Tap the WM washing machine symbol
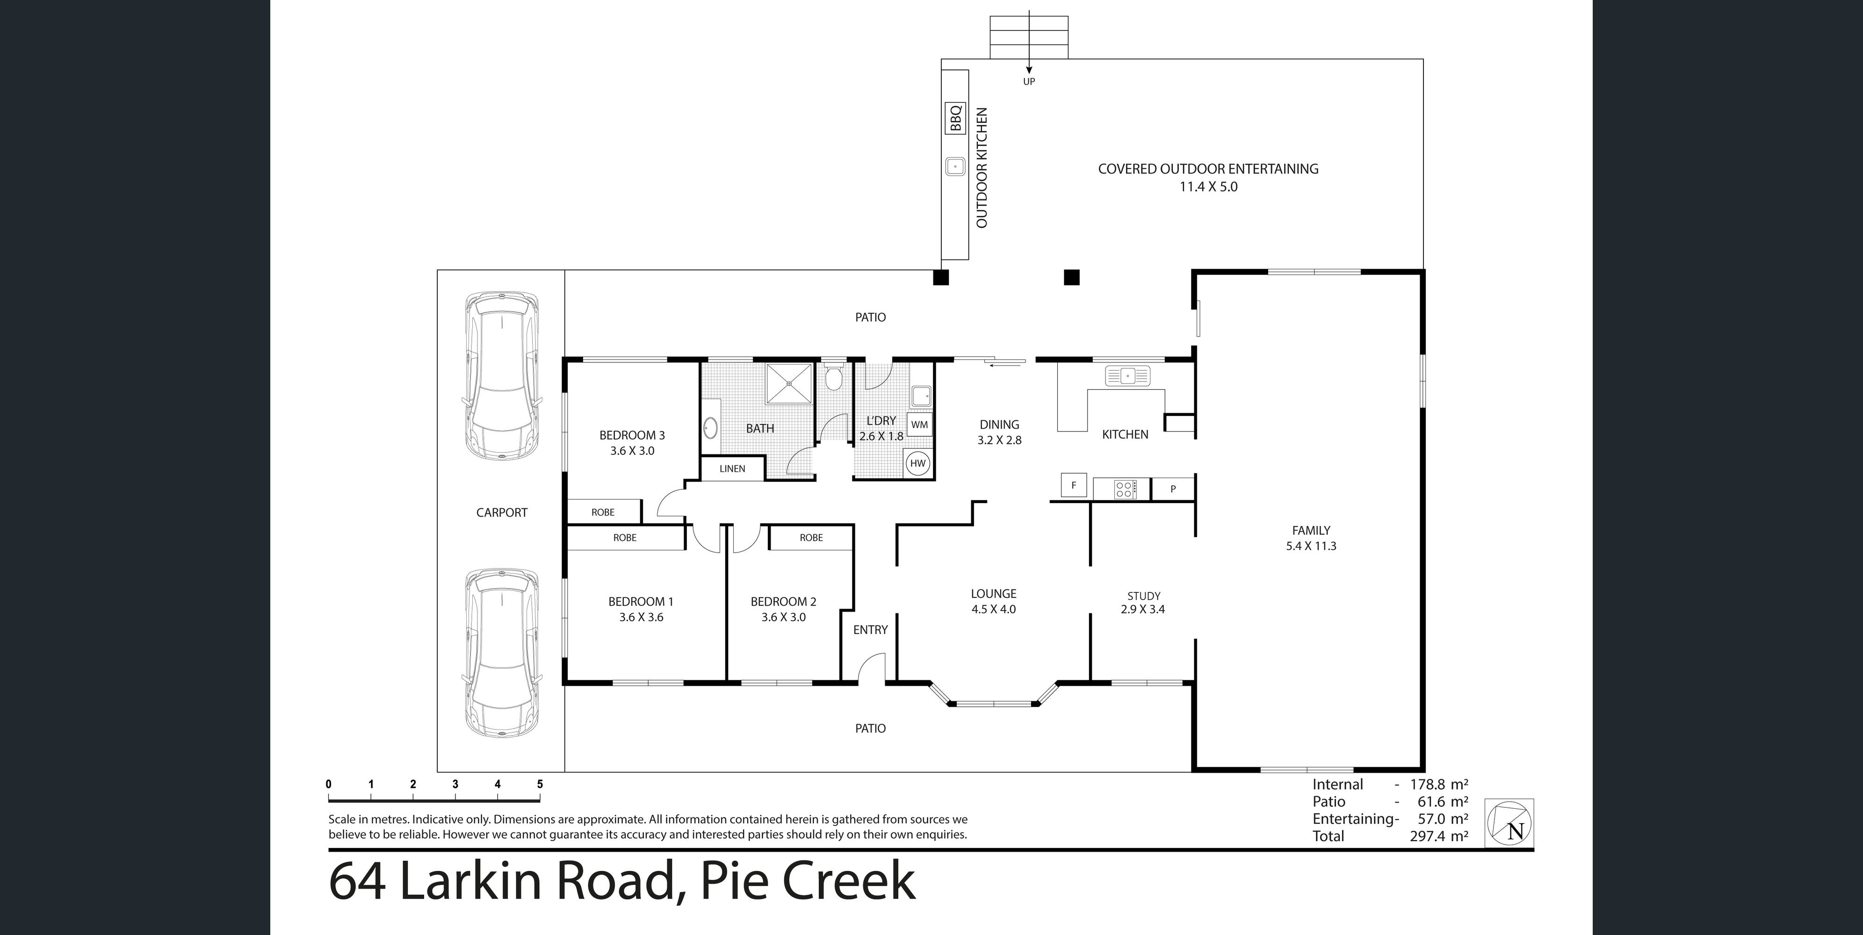pos(919,424)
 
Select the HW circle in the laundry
pos(918,463)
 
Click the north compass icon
pos(1509,823)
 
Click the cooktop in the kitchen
pos(1125,489)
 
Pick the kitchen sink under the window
pos(1127,376)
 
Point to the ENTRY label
pos(870,630)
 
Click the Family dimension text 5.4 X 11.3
pos(1311,546)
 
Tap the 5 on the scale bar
pos(540,784)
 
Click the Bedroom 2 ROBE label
pos(811,537)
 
